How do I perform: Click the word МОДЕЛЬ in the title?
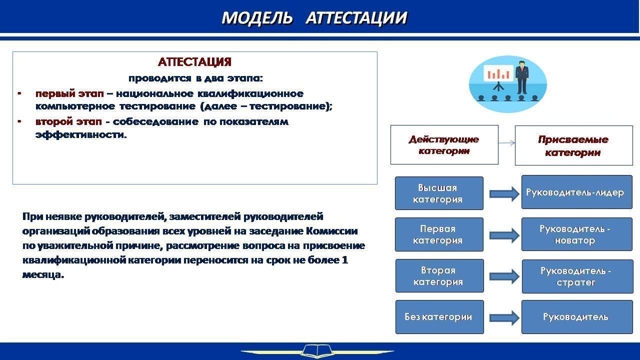point(257,18)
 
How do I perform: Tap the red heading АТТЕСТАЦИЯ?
point(194,62)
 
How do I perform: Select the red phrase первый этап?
point(69,93)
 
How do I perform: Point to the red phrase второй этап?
point(68,121)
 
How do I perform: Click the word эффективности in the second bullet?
point(81,134)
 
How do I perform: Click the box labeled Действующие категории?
point(444,145)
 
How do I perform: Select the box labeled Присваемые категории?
point(573,145)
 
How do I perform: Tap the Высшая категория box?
point(439,193)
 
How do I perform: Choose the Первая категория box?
point(439,234)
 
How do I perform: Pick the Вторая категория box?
point(439,275)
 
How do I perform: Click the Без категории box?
point(439,317)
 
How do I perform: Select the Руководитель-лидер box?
point(577,192)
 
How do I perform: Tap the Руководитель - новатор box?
point(577,234)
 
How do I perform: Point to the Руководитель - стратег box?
point(577,276)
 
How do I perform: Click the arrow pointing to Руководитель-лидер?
point(504,194)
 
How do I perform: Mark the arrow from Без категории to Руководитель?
point(504,317)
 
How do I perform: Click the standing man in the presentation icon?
point(522,77)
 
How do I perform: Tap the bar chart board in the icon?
point(498,73)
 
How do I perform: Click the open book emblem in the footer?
point(317,351)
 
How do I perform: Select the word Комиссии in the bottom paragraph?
point(331,231)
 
